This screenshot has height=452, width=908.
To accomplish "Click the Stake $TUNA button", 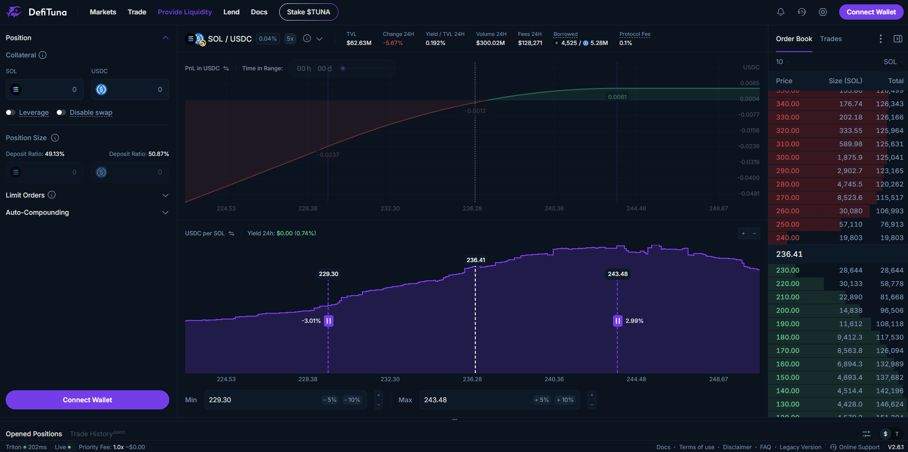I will tap(308, 12).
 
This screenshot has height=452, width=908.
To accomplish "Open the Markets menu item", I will tap(103, 12).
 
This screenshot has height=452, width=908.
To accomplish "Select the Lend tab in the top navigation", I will tap(231, 12).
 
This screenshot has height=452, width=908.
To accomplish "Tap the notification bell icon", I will tap(781, 12).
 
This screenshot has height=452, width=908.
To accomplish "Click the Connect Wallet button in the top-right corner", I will tap(871, 12).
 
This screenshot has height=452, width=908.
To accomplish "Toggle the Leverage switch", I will tap(11, 112).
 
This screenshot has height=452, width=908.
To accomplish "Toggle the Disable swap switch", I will tap(61, 112).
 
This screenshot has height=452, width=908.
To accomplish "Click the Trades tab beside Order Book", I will tap(831, 39).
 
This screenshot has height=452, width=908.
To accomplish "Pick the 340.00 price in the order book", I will tap(788, 104).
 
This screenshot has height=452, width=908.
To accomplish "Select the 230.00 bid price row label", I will tap(788, 270).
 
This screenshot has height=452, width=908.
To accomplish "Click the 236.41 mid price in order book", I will tap(789, 254).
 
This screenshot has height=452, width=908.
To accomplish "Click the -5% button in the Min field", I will tap(330, 400).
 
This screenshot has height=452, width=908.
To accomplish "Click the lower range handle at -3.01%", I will tap(328, 321).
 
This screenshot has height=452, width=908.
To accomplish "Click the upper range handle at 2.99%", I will tap(617, 321).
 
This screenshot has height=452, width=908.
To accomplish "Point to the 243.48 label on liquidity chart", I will tap(618, 274).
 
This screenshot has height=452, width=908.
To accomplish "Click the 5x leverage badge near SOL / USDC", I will tap(290, 39).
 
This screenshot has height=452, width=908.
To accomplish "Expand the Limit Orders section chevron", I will tap(165, 195).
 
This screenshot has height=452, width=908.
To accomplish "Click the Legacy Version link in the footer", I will tap(800, 447).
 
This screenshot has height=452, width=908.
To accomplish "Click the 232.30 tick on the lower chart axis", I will tap(390, 379).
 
